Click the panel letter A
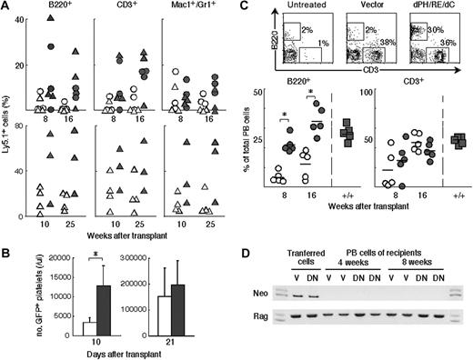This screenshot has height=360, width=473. click(x=6, y=7)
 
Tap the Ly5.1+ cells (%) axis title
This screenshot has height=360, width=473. click(x=8, y=124)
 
